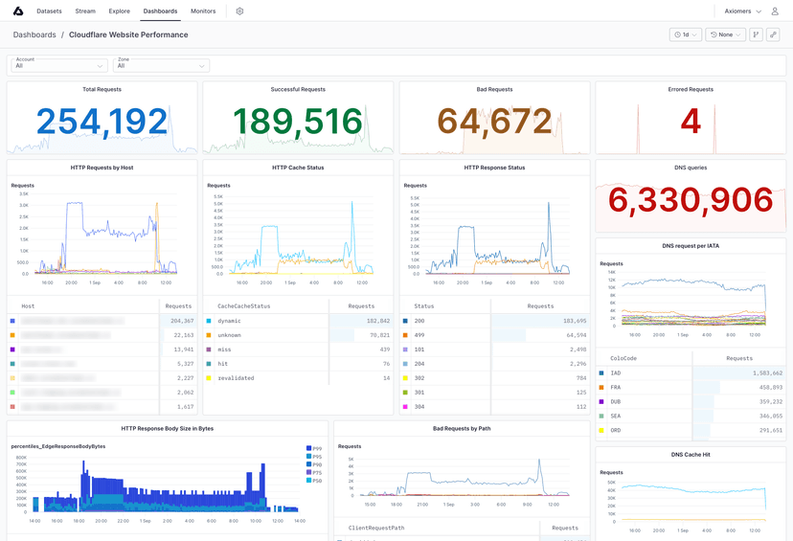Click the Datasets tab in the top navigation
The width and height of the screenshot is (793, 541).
(49, 11)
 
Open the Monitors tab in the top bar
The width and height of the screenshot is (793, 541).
(203, 11)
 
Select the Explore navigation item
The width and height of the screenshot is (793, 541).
(120, 11)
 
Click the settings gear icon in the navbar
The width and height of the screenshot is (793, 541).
(239, 11)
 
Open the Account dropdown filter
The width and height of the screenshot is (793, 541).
(58, 64)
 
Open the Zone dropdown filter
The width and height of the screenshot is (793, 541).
(161, 64)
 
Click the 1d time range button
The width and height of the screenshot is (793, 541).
(685, 34)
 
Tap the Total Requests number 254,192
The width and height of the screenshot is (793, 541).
(102, 122)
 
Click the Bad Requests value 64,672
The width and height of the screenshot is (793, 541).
(494, 122)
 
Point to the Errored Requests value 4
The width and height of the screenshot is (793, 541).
(691, 122)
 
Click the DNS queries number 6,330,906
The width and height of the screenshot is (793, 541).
(691, 200)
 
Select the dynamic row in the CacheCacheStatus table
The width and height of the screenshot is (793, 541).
(229, 321)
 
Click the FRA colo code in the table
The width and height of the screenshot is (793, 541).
(616, 387)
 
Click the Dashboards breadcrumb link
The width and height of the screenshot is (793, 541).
(34, 34)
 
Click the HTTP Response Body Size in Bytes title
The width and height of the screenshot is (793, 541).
(167, 428)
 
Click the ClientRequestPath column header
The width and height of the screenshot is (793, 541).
(377, 528)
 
